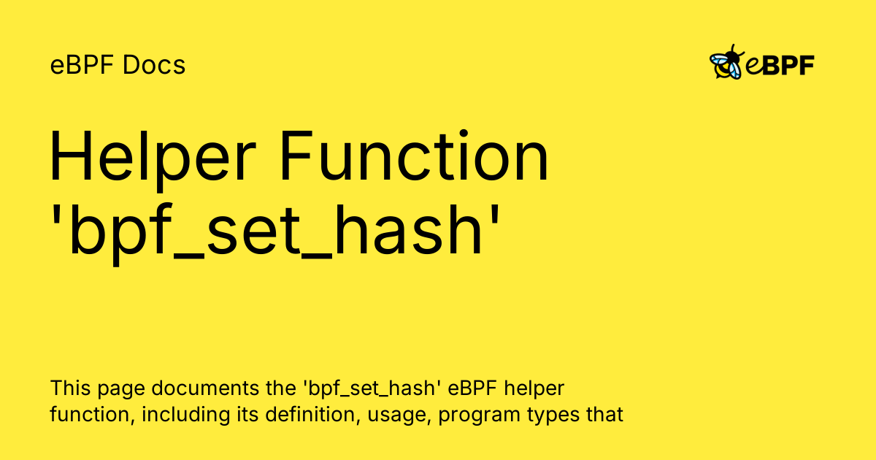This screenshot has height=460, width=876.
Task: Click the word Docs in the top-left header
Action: point(154,66)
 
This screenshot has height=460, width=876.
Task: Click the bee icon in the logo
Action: point(727,64)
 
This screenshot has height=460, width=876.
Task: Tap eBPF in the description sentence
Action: point(479,386)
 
